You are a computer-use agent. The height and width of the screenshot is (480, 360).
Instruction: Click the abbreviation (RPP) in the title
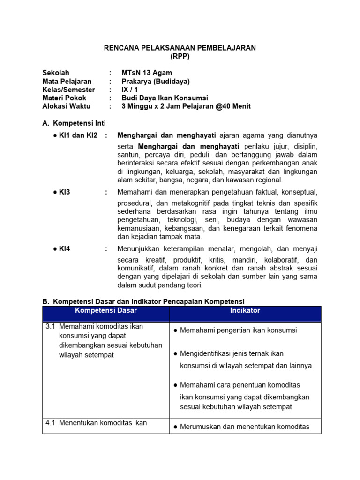[180, 57]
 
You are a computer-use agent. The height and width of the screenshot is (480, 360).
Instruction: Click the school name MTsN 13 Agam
[147, 73]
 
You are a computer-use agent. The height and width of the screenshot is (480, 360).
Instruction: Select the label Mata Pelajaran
[67, 81]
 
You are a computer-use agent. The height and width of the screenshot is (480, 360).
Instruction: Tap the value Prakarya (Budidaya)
[156, 81]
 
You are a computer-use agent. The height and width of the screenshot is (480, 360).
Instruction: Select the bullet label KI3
[64, 192]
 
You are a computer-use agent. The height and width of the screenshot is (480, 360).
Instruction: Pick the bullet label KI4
[64, 249]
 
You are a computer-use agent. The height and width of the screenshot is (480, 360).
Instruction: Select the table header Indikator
[245, 311]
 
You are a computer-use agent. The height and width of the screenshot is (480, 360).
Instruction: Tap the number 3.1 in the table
[51, 326]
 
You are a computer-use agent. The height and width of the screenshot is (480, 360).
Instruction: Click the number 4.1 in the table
[51, 423]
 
